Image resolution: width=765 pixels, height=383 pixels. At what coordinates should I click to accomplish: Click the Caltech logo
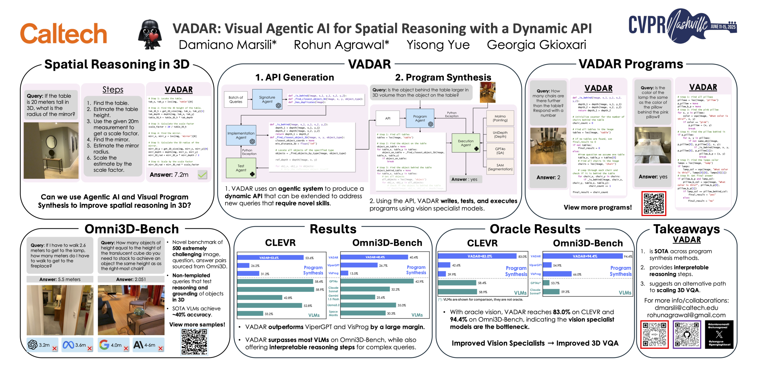63,33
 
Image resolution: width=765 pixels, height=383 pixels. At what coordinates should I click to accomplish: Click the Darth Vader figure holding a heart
150,35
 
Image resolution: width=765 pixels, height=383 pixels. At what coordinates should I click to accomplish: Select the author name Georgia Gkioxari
536,45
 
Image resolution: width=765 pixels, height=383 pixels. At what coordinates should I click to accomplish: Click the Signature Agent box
267,99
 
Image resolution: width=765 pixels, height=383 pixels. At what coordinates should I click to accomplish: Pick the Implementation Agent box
241,135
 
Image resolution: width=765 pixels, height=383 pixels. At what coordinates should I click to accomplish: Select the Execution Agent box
466,143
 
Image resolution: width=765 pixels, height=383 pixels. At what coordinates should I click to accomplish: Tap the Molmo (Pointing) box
500,118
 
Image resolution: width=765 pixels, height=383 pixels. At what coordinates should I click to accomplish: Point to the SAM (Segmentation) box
500,167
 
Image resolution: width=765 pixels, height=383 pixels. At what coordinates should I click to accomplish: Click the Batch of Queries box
236,99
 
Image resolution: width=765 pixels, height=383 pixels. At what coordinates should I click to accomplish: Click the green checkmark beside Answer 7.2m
202,175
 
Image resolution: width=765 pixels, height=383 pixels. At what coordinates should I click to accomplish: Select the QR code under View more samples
194,342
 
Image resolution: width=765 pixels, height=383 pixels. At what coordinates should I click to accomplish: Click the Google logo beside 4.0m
104,345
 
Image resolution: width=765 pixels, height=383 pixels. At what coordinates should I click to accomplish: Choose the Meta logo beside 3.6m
68,345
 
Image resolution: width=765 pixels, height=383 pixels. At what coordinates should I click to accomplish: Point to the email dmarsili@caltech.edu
686,308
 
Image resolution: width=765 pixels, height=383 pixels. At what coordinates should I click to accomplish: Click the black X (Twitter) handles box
719,334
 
